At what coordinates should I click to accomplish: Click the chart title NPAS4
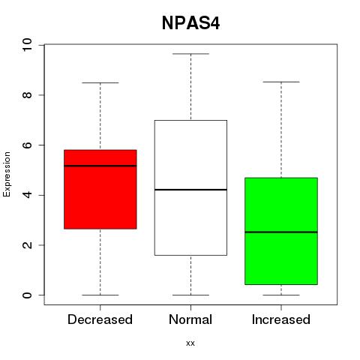click(190, 23)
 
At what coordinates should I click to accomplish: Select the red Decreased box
click(100, 189)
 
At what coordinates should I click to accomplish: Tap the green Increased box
click(281, 231)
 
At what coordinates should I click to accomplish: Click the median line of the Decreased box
click(100, 166)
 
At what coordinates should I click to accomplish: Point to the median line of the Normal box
click(190, 190)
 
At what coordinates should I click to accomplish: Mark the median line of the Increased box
click(281, 232)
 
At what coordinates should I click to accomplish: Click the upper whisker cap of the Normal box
click(190, 54)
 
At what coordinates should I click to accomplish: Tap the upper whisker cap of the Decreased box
click(100, 82)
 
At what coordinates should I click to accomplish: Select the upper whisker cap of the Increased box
click(281, 82)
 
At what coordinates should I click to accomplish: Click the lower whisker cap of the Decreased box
click(100, 295)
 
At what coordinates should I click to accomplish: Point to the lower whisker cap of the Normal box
click(190, 295)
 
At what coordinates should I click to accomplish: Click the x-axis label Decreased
click(100, 319)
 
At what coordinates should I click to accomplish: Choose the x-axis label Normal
click(190, 319)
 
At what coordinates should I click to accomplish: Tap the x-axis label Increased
click(281, 319)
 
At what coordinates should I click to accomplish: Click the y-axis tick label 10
click(27, 45)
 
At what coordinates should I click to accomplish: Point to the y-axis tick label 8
click(27, 95)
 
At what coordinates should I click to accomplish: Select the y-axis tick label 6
click(27, 145)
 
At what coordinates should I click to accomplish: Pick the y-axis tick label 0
click(27, 295)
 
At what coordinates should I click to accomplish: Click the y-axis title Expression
click(7, 174)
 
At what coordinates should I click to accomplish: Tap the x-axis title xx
click(190, 343)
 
